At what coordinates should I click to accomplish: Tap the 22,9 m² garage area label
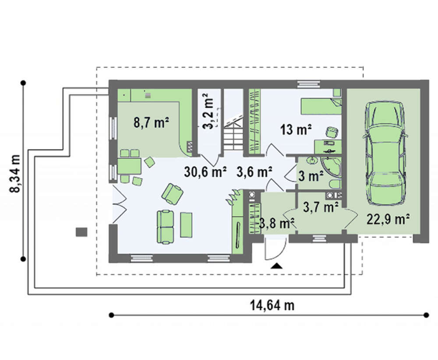click(x=388, y=219)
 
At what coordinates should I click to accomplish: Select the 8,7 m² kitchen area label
click(x=151, y=122)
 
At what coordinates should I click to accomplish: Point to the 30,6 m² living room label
click(x=205, y=172)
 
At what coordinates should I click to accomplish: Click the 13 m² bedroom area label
click(x=296, y=130)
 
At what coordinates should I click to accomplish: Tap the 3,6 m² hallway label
click(x=254, y=172)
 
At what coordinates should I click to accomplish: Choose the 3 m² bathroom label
click(x=311, y=176)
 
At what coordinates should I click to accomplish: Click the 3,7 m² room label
click(x=321, y=207)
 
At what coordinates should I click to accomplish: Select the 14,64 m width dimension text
click(x=272, y=305)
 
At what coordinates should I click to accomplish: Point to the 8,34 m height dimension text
click(x=15, y=173)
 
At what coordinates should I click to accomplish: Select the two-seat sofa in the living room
click(x=166, y=227)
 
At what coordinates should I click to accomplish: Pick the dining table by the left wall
click(x=129, y=166)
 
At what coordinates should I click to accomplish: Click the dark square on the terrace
click(x=81, y=232)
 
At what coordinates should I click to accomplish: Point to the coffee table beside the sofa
click(x=186, y=225)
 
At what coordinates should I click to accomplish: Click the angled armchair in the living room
click(x=172, y=194)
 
